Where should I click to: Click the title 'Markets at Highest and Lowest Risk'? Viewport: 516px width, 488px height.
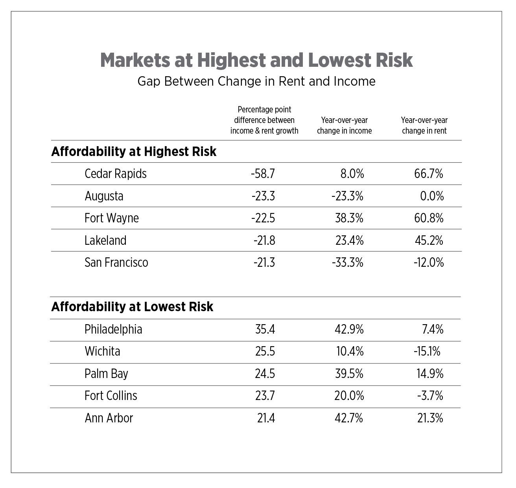pos(256,60)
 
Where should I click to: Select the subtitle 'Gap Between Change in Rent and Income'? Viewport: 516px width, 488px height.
pos(256,81)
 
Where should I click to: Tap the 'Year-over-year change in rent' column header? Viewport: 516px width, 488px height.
pos(424,125)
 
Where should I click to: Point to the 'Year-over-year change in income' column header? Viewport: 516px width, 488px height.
pos(344,125)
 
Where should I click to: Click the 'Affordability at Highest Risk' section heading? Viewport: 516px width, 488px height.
pos(134,152)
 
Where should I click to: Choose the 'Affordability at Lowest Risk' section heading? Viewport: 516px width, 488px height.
pos(132,306)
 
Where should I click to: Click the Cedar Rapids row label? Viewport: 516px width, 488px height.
pos(116,174)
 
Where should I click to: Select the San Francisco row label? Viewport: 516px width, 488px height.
pos(116,262)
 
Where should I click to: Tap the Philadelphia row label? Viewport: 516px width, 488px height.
pos(113,329)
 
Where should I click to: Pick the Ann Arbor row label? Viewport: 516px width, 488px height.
pos(109,418)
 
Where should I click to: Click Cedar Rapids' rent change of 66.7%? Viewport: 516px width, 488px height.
pos(429,174)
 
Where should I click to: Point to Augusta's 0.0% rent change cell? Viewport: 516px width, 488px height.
pos(432,196)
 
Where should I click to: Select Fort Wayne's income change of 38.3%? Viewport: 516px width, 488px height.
pos(349,218)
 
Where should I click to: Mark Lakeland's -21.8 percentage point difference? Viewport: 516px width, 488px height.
pos(264,240)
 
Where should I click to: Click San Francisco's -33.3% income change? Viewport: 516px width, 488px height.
pos(347,262)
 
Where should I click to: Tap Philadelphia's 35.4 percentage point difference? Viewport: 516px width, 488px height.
pos(265,329)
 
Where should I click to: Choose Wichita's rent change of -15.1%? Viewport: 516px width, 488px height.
pos(427,351)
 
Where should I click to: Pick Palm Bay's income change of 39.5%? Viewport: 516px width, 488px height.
pos(349,373)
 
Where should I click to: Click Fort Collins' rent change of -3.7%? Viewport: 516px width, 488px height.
pos(430,396)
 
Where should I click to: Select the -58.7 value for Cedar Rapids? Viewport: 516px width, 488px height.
pos(263,174)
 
